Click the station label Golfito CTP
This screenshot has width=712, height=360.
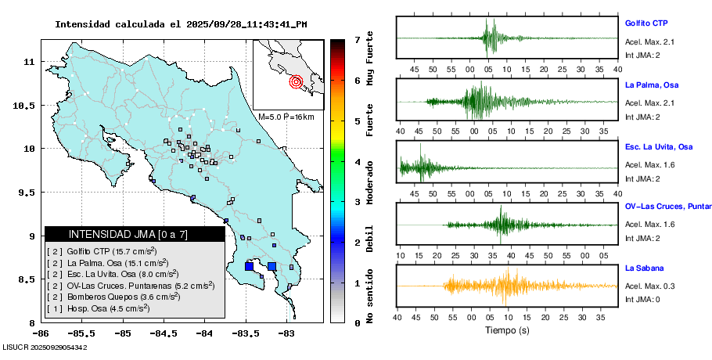tap(645, 23)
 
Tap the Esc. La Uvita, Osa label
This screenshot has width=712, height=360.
tap(659, 146)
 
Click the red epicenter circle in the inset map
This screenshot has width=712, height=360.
tap(296, 81)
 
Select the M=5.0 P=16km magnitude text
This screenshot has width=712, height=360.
tap(286, 117)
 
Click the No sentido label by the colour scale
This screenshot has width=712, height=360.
tap(369, 296)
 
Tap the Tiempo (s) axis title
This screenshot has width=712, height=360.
tap(507, 331)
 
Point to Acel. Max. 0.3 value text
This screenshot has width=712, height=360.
tap(649, 286)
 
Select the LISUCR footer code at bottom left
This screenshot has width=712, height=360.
tap(44, 347)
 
